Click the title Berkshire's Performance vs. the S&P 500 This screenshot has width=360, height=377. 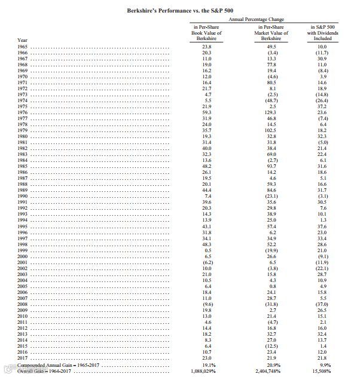click(179, 11)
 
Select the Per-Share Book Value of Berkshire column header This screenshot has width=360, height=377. click(207, 33)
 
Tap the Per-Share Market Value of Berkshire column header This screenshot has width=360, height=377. click(273, 33)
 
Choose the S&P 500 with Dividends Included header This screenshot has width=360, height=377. click(322, 33)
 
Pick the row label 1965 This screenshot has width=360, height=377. click(23, 46)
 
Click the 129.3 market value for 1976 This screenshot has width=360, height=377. click(272, 112)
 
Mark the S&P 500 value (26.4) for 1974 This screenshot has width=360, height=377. click(322, 100)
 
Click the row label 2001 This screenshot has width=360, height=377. click(23, 262)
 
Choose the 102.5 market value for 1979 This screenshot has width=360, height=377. click(272, 130)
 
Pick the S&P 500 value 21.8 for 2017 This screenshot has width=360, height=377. click(322, 358)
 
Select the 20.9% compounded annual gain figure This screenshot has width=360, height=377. click(273, 365)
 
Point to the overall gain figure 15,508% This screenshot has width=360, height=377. click(322, 371)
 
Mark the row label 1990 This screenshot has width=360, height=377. click(23, 196)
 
